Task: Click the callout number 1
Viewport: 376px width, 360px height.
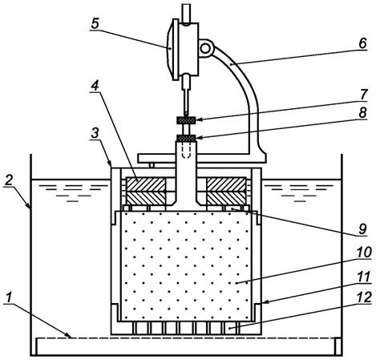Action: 10,297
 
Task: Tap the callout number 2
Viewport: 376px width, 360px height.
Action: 9,181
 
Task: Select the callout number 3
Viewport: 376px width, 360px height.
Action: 95,133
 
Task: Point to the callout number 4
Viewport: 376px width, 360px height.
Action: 95,86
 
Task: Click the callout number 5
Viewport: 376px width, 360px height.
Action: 95,24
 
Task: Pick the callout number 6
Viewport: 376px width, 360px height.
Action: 362,43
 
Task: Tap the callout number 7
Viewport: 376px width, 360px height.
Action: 363,95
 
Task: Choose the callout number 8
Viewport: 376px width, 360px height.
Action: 362,113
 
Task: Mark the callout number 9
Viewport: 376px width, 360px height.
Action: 362,229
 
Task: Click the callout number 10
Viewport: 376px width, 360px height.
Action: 364,253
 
